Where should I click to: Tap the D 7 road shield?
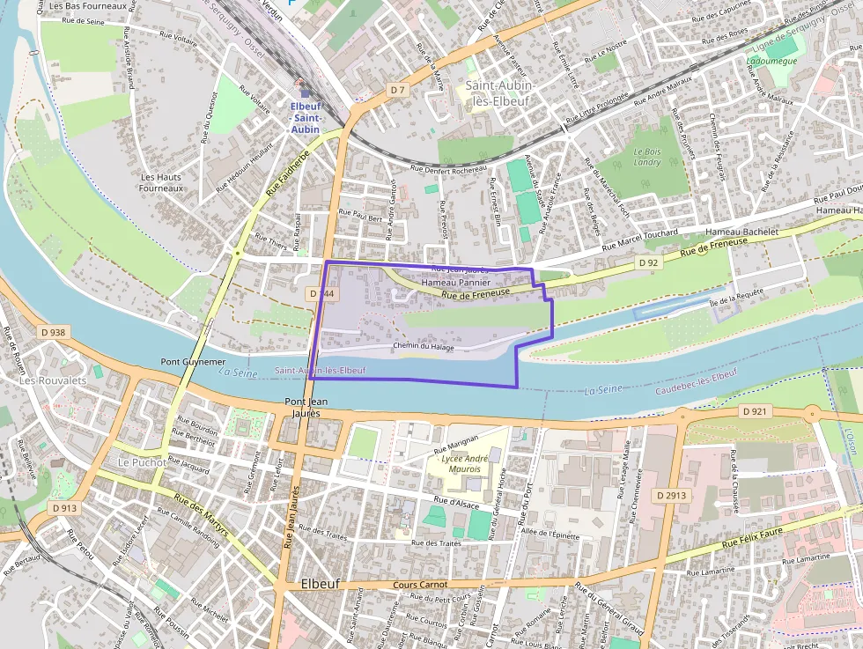(x=398, y=90)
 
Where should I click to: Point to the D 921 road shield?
(x=756, y=411)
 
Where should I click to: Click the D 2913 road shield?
(x=671, y=496)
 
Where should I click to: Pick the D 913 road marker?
(x=64, y=508)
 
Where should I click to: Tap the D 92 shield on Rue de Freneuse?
(x=648, y=262)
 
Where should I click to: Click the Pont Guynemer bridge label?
(x=193, y=362)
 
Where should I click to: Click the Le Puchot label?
(x=136, y=461)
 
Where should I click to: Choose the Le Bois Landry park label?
(x=647, y=157)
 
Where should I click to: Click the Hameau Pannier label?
(x=455, y=283)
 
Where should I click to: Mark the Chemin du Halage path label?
(x=423, y=347)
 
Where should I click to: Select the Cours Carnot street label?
(x=420, y=584)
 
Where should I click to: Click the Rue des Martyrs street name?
(x=202, y=519)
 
